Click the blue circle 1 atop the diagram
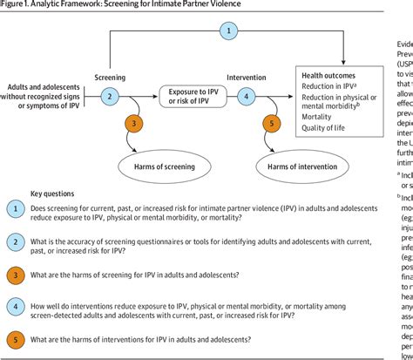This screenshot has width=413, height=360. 228,31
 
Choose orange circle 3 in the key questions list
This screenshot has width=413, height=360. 16,275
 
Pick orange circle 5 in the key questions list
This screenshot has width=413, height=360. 16,338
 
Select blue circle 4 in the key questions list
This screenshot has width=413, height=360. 16,307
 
